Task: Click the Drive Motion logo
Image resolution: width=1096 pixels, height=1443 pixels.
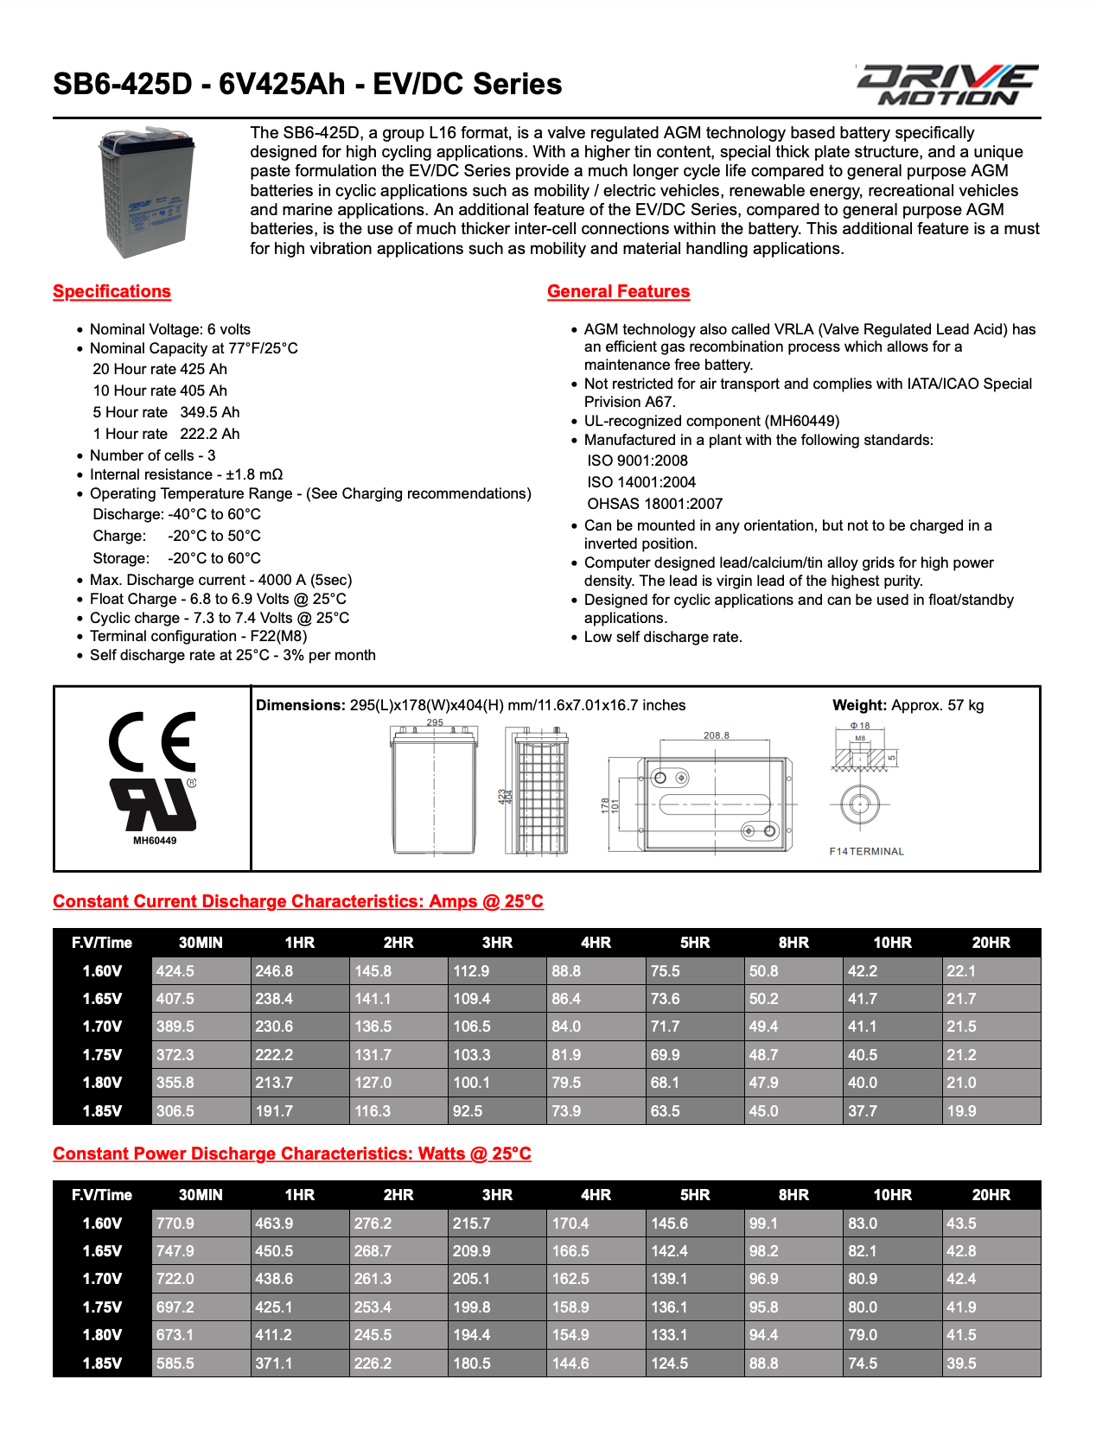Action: pyautogui.click(x=947, y=85)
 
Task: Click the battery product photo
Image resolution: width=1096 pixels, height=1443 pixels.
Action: pyautogui.click(x=145, y=192)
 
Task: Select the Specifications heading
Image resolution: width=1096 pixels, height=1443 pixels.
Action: pyautogui.click(x=112, y=291)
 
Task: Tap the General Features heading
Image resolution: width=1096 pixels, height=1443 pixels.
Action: pyautogui.click(x=618, y=291)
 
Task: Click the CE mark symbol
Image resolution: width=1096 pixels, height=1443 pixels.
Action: pyautogui.click(x=152, y=741)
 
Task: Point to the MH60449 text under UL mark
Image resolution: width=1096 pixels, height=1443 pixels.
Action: pyautogui.click(x=155, y=841)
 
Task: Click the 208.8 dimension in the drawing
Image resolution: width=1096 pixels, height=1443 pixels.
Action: pyautogui.click(x=716, y=735)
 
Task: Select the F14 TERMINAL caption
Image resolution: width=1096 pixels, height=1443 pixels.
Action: pyautogui.click(x=866, y=851)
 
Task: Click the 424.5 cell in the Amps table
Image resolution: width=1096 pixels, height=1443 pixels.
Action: pyautogui.click(x=175, y=971)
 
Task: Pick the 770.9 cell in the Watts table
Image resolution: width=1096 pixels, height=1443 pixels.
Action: pyautogui.click(x=175, y=1224)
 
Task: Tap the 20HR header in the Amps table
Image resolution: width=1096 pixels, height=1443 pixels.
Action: pyautogui.click(x=991, y=943)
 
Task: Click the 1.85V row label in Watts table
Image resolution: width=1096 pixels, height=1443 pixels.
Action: pyautogui.click(x=102, y=1364)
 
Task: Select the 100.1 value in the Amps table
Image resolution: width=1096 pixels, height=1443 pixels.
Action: pyautogui.click(x=472, y=1083)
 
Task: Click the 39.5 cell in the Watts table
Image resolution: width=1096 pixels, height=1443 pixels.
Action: pyautogui.click(x=961, y=1364)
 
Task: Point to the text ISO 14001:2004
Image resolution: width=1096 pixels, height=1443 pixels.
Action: pyautogui.click(x=641, y=482)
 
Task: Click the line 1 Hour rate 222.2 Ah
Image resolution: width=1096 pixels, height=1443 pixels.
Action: pyautogui.click(x=166, y=434)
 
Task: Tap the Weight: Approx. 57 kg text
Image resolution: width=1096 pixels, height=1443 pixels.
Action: pyautogui.click(x=908, y=705)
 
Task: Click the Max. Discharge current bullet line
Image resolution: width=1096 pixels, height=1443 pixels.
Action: pyautogui.click(x=220, y=580)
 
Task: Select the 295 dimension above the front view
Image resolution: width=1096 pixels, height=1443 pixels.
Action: pyautogui.click(x=435, y=722)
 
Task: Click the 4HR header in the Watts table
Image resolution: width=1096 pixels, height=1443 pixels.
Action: pyautogui.click(x=596, y=1195)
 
